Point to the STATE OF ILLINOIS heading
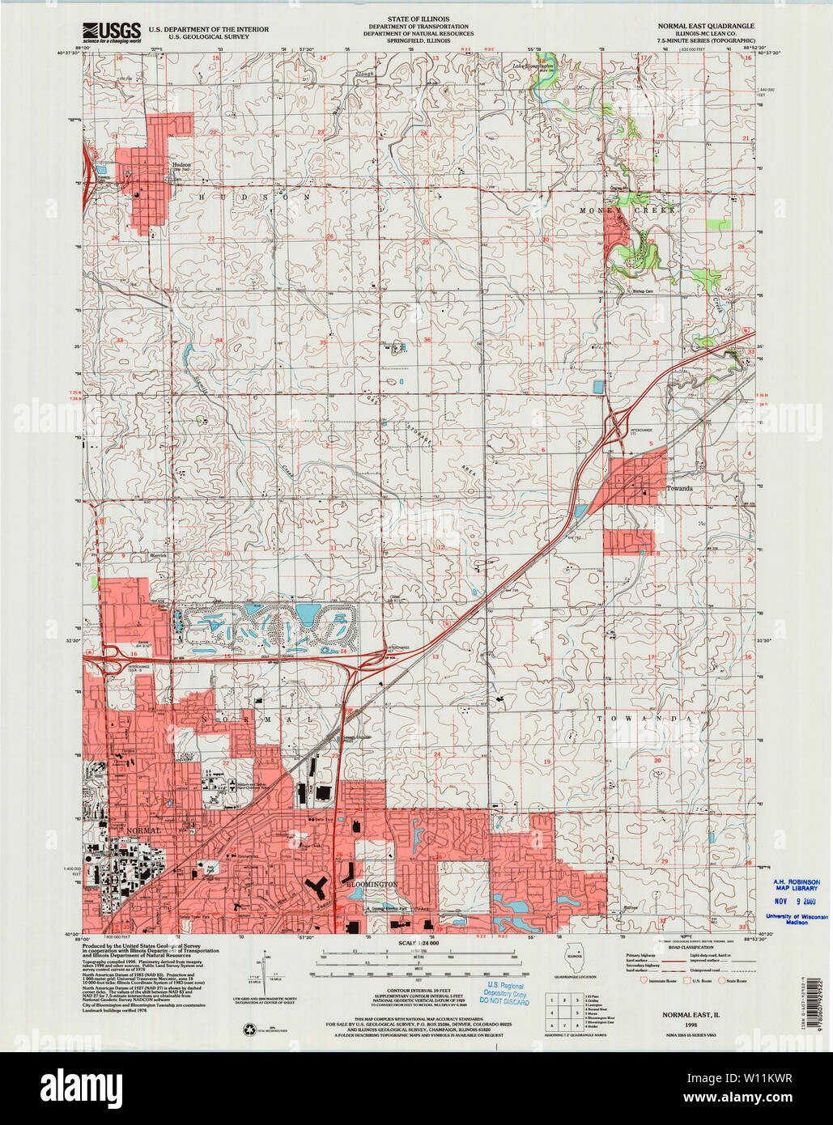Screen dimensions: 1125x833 coord(418,19)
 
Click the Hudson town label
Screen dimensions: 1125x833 coord(181,164)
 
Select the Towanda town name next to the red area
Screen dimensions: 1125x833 coord(680,489)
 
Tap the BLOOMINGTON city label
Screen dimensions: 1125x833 coord(372,885)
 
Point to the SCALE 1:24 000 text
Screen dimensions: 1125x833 coord(418,944)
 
